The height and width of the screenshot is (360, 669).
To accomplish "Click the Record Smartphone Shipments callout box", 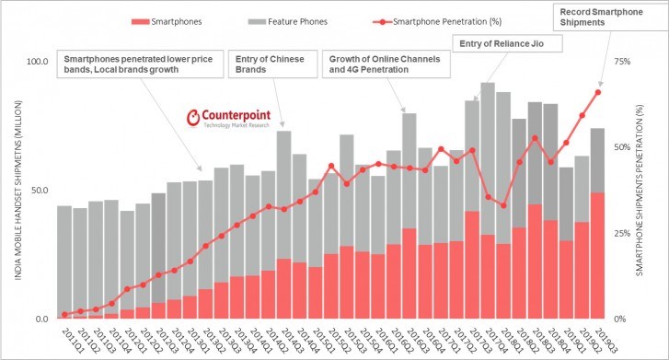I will pos(608,17).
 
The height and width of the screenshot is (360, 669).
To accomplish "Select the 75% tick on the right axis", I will pos(621,62).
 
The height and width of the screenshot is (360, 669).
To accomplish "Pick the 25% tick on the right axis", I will pos(621,233).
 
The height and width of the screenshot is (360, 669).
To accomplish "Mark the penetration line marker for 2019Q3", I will pos(597,92).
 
